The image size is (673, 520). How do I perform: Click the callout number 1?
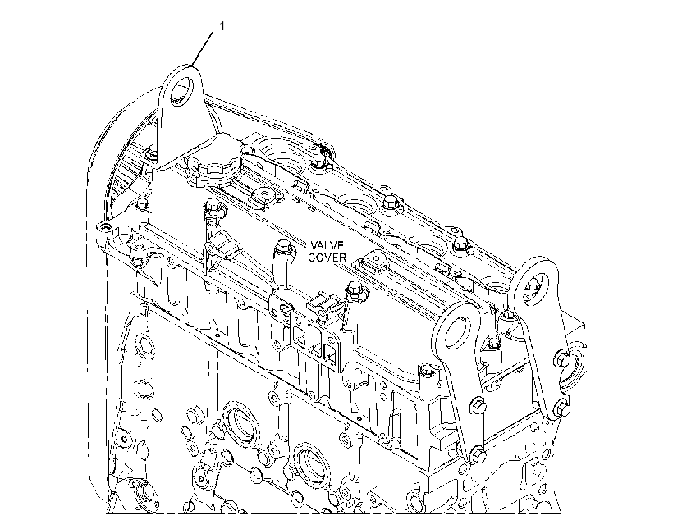point(222,26)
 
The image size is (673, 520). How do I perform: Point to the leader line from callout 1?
point(202,49)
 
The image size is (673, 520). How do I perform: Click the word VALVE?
point(327,245)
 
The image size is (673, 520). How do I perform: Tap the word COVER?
point(327,258)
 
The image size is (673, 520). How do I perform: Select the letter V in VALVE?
point(314,245)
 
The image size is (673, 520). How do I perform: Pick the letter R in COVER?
point(342,258)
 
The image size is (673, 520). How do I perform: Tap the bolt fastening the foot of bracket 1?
point(151,154)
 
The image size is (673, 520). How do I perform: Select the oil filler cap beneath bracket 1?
point(214,170)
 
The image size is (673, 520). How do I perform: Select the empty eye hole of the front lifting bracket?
point(456,331)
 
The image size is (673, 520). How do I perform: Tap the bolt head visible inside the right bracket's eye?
point(533,285)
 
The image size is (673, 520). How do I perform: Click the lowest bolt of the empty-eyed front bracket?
point(477,454)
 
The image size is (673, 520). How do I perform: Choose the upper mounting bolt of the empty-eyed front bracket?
point(478,404)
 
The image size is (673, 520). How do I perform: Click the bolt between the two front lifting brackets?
point(493,342)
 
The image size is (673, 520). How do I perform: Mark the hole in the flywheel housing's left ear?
point(101,227)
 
